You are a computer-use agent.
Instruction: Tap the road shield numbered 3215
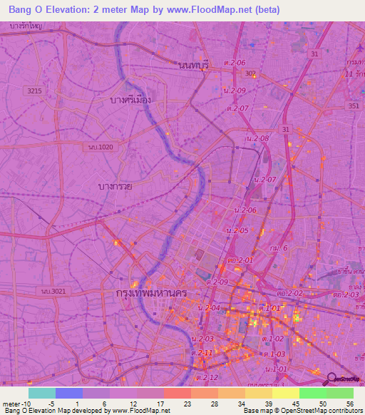[x=34, y=91]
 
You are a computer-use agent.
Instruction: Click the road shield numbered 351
[x=354, y=106]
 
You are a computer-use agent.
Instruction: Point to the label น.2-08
[x=257, y=138]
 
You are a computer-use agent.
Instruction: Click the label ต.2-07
[x=237, y=108]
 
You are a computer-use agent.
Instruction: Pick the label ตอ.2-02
[x=291, y=293]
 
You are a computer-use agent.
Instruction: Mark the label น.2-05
[x=236, y=230]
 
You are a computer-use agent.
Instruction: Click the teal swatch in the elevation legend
[x=42, y=393]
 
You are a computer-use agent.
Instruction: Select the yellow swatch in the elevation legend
[x=286, y=393]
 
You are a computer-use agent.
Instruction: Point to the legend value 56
[x=349, y=404]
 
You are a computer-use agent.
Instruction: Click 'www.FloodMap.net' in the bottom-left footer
[x=141, y=411]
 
